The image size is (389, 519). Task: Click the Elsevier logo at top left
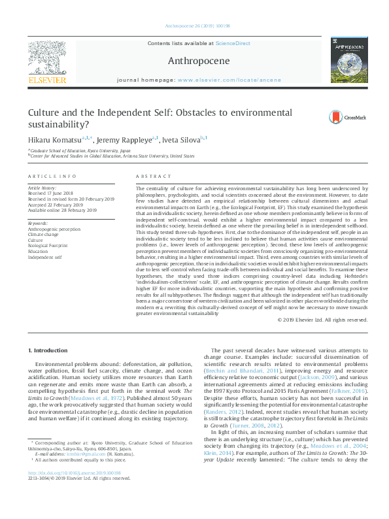click(x=47, y=61)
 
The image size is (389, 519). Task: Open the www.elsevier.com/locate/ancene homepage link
click(x=229, y=79)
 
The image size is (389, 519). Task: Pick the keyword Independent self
click(x=44, y=256)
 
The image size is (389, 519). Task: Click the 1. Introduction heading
click(x=47, y=351)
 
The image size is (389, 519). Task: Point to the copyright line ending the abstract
click(x=323, y=320)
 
